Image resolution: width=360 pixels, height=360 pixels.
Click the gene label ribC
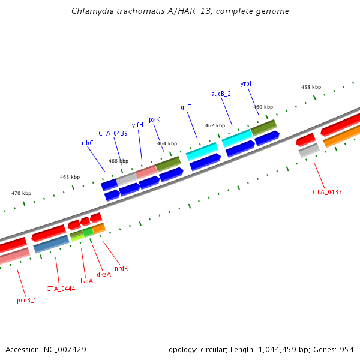tap(88, 143)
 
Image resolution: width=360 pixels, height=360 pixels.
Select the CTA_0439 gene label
tap(113, 133)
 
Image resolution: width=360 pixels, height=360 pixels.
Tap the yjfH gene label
tap(137, 125)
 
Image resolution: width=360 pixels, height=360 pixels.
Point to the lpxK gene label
tap(154, 119)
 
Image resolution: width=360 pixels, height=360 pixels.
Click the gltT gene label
tap(186, 107)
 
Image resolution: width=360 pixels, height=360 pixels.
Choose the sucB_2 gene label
tap(221, 94)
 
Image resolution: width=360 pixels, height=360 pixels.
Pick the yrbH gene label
tap(247, 83)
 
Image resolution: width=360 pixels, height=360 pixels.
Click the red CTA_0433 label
tap(327, 192)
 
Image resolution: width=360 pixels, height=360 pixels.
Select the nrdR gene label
tap(121, 268)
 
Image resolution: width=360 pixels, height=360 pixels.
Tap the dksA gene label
tap(104, 274)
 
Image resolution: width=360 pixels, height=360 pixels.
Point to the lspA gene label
tap(87, 280)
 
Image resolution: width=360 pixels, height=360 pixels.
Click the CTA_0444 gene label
tap(61, 289)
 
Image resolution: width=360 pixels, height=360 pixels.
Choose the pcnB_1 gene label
tap(26, 300)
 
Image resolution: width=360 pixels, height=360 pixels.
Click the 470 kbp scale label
tap(21, 193)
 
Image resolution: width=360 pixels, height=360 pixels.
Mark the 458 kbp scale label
tap(310, 87)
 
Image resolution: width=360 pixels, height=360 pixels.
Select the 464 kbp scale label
tap(167, 143)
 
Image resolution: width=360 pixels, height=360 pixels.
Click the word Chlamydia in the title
tap(89, 11)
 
